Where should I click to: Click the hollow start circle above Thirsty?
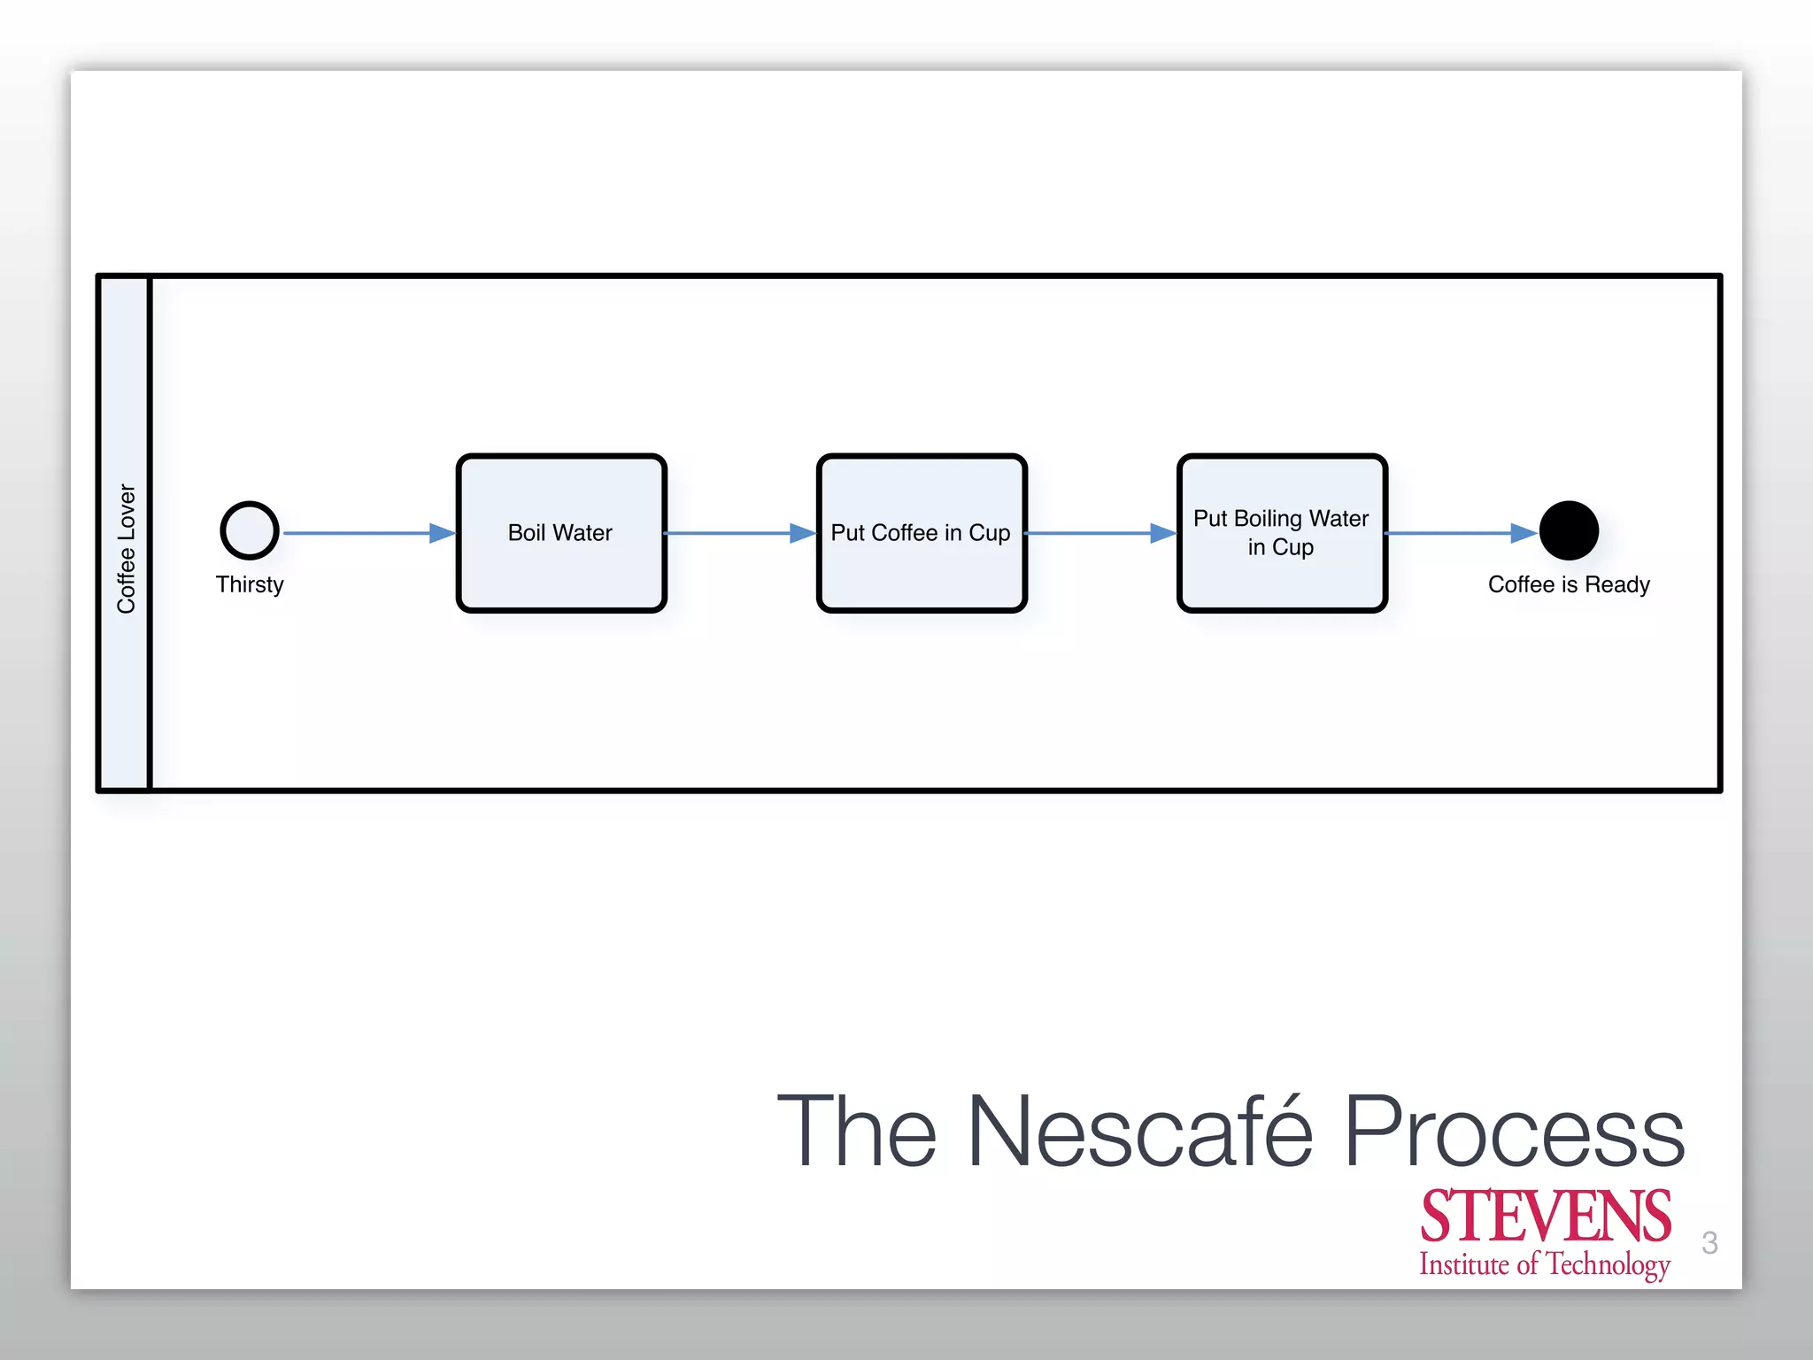(250, 531)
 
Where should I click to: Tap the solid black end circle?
(1569, 531)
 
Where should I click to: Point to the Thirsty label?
(250, 584)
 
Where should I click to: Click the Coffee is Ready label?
(1569, 584)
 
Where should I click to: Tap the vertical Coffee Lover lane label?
(126, 549)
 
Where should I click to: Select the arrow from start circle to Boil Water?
(367, 533)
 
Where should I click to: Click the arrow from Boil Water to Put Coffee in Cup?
(740, 533)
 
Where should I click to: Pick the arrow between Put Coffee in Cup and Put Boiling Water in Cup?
(1100, 533)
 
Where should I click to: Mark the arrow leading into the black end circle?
(1461, 533)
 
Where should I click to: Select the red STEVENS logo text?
(1546, 1217)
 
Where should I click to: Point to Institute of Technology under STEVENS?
(1545, 1264)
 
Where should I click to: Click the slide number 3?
(1709, 1243)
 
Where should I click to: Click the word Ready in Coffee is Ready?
(1617, 584)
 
